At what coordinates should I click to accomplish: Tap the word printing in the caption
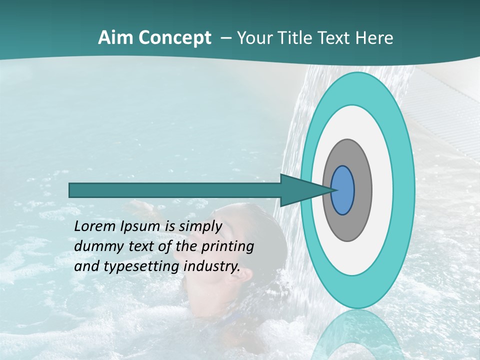(227, 247)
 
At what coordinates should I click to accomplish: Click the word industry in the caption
(212, 266)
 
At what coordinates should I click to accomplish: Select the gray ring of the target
(362, 190)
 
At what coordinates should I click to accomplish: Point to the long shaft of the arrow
(175, 190)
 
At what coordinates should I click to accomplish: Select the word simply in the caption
(200, 227)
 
